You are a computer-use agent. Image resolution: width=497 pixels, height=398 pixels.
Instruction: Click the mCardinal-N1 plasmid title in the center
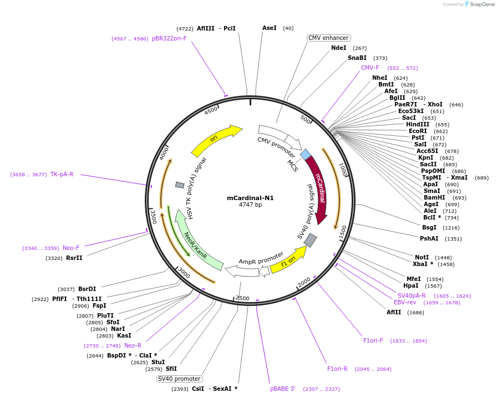[250, 197]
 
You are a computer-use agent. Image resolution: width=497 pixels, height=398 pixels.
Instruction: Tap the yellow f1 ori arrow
[288, 261]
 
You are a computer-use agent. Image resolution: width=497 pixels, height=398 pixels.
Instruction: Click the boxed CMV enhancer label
[328, 38]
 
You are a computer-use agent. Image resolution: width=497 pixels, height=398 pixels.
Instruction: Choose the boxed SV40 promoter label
[179, 379]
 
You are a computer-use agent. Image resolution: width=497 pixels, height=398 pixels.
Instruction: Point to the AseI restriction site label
[269, 28]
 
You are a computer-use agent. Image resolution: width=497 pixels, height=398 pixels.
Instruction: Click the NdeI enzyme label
[338, 48]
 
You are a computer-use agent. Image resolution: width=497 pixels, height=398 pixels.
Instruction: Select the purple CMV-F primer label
[370, 68]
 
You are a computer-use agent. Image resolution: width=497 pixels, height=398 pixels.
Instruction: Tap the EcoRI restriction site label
[418, 131]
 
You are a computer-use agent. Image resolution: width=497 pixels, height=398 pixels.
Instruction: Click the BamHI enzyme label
[434, 197]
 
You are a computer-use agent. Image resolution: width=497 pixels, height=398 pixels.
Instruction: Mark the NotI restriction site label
[422, 257]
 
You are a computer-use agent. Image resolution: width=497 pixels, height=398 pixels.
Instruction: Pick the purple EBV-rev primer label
[405, 303]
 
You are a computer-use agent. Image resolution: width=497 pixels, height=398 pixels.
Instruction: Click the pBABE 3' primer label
[282, 389]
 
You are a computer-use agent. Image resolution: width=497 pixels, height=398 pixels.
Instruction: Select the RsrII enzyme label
[74, 258]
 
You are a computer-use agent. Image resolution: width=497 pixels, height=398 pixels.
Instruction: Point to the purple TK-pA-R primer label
[62, 174]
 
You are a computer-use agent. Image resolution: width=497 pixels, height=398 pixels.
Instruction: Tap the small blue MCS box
[305, 154]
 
